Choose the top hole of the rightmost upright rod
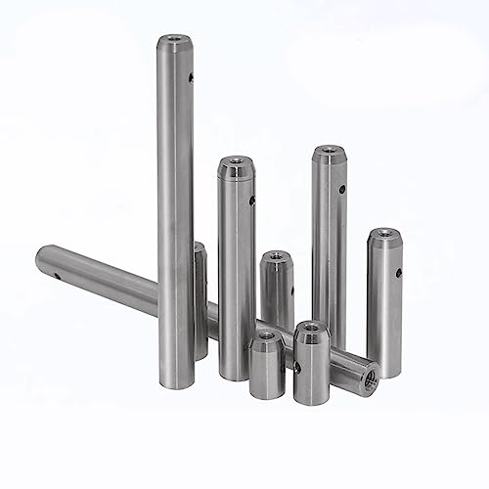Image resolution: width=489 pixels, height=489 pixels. pyautogui.click(x=382, y=234)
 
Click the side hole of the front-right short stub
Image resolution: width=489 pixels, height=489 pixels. pyautogui.click(x=296, y=367)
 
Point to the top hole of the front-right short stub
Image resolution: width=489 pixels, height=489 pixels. pyautogui.click(x=312, y=326)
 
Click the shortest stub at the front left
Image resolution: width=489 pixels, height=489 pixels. pyautogui.click(x=264, y=367)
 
